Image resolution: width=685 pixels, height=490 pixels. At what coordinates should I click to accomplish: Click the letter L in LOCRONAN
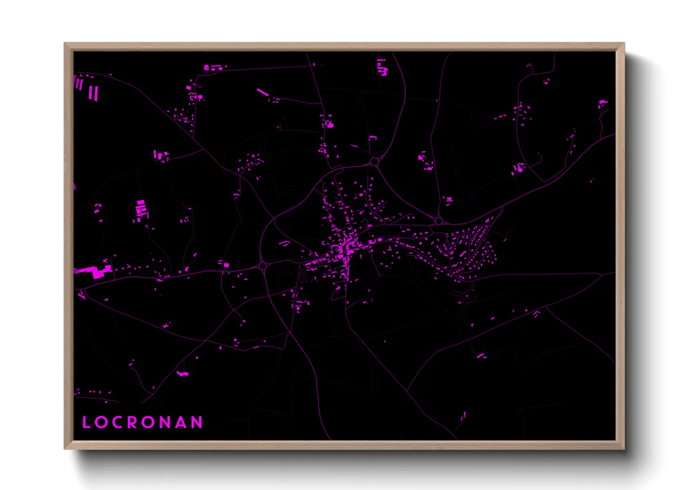[86, 422]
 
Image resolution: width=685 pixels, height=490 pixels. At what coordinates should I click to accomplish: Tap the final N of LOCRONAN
[197, 422]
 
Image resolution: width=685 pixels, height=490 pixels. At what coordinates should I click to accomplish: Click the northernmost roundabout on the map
[374, 162]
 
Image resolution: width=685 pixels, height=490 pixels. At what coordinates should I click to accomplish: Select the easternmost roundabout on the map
[439, 221]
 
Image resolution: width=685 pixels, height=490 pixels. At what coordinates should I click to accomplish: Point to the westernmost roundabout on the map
[262, 266]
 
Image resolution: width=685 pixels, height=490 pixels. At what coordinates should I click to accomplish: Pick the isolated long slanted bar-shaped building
[262, 93]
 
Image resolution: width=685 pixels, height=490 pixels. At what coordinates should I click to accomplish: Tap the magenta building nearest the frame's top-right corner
[602, 102]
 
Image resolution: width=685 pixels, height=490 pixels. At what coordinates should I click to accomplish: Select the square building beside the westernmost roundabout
[226, 264]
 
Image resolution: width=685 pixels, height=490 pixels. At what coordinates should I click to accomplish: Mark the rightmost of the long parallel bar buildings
[97, 93]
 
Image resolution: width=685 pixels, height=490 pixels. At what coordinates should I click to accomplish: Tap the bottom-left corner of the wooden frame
[65, 448]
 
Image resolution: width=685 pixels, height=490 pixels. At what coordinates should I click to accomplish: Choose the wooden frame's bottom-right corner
[624, 448]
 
